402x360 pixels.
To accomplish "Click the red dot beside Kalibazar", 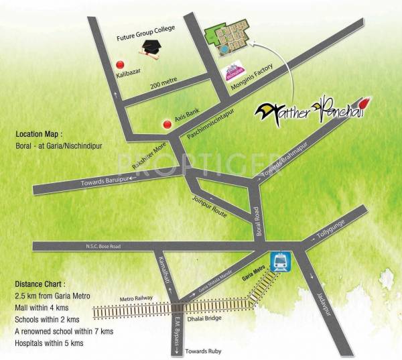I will tap(121, 64).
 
